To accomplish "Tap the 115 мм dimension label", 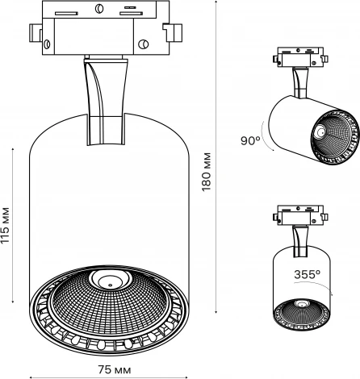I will pyautogui.click(x=7, y=228).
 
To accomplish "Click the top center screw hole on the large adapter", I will pyautogui.click(x=98, y=9).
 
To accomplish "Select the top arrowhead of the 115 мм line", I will pyautogui.click(x=16, y=148).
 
